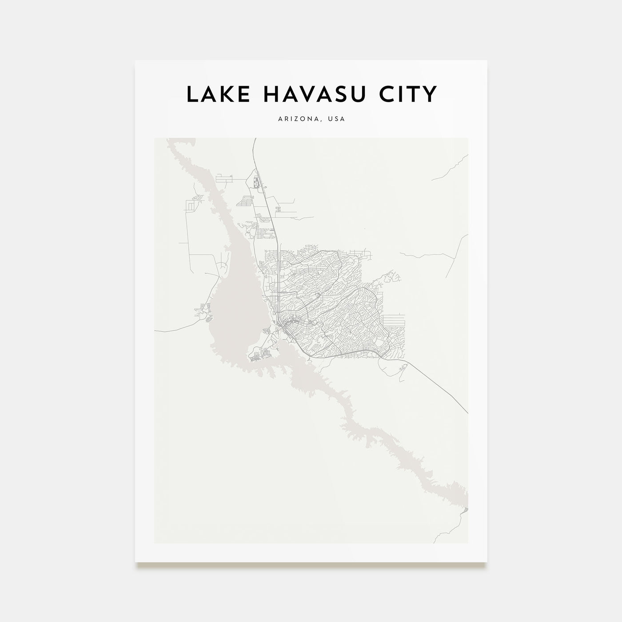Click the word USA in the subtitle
click(337, 119)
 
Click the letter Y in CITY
click(429, 94)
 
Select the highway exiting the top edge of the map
click(254, 147)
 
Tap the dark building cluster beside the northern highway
click(255, 182)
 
